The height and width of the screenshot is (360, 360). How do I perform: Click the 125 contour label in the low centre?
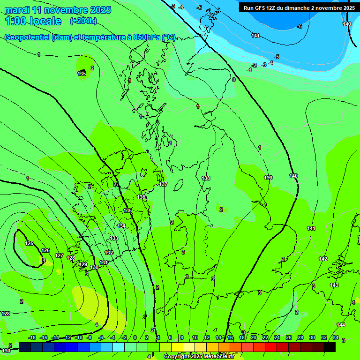coord(29,243)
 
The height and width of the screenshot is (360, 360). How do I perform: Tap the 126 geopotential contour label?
coord(45,250)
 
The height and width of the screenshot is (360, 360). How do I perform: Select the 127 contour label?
coord(59,255)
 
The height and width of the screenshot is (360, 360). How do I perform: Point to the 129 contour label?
coord(83,264)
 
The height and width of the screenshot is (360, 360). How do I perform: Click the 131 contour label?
coord(104,262)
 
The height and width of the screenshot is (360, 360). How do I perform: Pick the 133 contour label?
coord(114,238)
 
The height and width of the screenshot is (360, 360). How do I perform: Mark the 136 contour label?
coord(141,197)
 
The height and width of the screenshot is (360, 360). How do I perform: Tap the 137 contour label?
coord(163,184)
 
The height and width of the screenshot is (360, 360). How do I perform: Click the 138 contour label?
coord(206,178)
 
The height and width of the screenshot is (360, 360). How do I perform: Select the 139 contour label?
coord(268,178)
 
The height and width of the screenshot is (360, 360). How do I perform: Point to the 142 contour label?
coord(323,259)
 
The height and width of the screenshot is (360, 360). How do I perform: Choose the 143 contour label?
coord(334,285)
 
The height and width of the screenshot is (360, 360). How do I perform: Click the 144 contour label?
coord(341,325)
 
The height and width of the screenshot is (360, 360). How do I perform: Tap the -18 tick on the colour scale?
coord(32,337)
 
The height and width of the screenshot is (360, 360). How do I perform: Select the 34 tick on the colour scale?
coord(336,337)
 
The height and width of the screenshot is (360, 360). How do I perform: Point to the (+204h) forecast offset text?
coord(83,21)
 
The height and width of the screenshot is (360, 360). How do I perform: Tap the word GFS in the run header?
coord(262,8)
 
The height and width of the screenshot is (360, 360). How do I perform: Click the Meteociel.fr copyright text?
coord(199,357)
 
